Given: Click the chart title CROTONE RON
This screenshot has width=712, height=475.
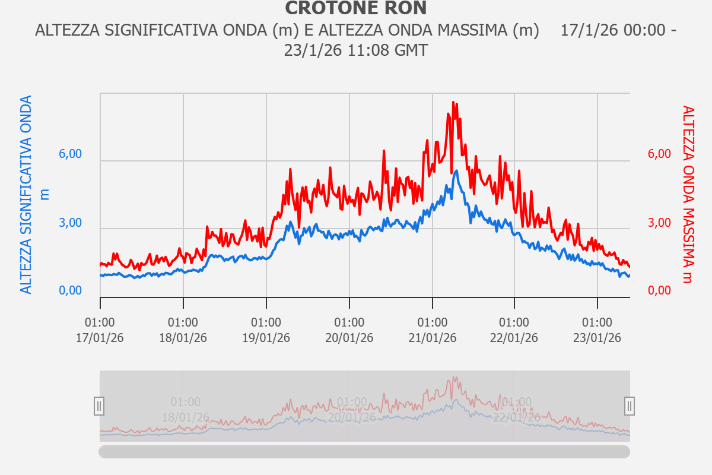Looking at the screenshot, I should click(355, 8).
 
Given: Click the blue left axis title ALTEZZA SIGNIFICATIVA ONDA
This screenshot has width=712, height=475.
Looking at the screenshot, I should click(27, 195).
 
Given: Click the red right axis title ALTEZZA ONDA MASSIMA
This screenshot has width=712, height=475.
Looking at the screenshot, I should click(687, 195).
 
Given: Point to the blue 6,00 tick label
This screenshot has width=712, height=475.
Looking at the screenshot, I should click(70, 154).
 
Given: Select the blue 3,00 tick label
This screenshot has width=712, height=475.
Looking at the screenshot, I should click(70, 223).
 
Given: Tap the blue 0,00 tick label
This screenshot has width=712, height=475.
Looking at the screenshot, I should click(70, 290).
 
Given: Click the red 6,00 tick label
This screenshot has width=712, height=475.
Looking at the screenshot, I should click(659, 154).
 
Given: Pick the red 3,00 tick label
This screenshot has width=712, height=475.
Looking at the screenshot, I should click(659, 223).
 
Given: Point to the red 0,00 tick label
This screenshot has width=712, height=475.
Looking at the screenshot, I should click(659, 290).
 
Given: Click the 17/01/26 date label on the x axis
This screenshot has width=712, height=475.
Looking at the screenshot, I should click(100, 338).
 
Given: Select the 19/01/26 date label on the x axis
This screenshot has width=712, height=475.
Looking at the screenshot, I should click(266, 338).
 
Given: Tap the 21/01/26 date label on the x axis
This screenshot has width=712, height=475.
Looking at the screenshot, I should click(432, 338).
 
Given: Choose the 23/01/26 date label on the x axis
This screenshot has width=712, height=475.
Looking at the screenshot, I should click(597, 338).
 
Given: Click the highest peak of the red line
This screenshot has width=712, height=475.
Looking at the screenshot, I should click(453, 103).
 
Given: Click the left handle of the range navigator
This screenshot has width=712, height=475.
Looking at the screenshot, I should click(99, 406).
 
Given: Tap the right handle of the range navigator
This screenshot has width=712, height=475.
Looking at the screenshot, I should click(630, 406).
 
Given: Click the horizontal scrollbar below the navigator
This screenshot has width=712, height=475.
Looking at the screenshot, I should click(364, 452).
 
